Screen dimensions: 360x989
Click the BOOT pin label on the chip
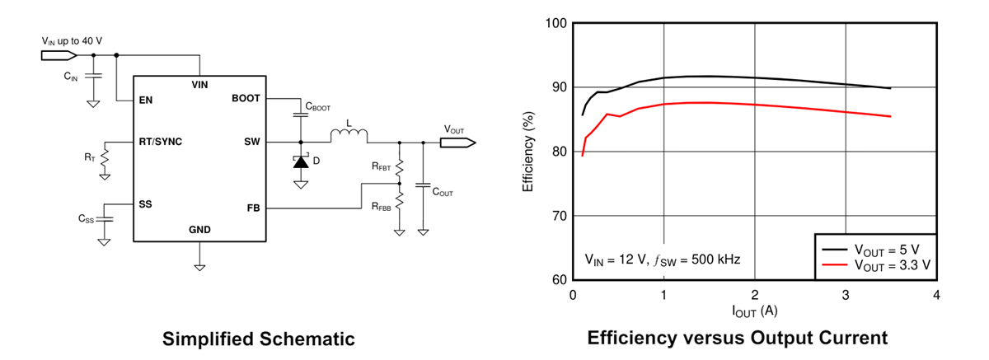pyautogui.click(x=246, y=98)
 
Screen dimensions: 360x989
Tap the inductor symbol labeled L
pyautogui.click(x=349, y=135)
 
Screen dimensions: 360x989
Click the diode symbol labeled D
pyautogui.click(x=301, y=161)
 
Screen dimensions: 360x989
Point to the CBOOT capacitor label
pyautogui.click(x=318, y=107)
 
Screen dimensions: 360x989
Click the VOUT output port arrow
pyautogui.click(x=457, y=143)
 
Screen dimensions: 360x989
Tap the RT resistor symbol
pyautogui.click(x=104, y=164)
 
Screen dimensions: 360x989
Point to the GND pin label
pyautogui.click(x=199, y=230)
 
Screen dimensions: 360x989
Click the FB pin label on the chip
pyautogui.click(x=253, y=208)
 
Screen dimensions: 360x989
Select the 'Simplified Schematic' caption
pyautogui.click(x=258, y=339)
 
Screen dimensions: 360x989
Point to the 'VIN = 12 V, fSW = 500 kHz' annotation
pyautogui.click(x=662, y=259)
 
